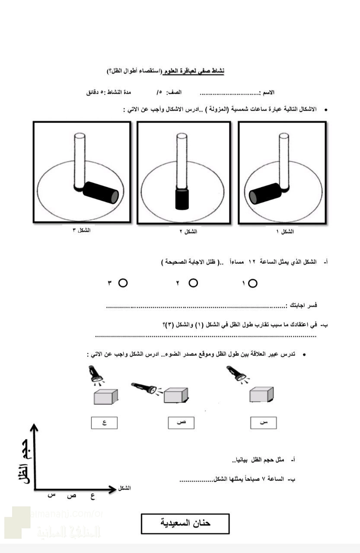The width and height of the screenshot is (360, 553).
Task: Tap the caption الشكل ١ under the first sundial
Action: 285,232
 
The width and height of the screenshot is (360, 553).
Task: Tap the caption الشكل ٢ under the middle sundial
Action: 188,232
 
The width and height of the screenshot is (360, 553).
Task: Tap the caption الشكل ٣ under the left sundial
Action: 81,230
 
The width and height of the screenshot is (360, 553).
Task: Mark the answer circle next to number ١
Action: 253,283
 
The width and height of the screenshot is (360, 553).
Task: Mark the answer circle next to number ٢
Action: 193,283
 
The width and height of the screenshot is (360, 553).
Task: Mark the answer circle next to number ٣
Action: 123,283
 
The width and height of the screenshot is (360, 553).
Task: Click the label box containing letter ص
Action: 181,423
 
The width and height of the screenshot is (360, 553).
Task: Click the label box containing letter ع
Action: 104,423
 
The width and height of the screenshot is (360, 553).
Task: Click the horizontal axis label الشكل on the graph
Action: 124,488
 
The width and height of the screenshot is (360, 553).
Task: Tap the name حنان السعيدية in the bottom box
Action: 185,523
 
